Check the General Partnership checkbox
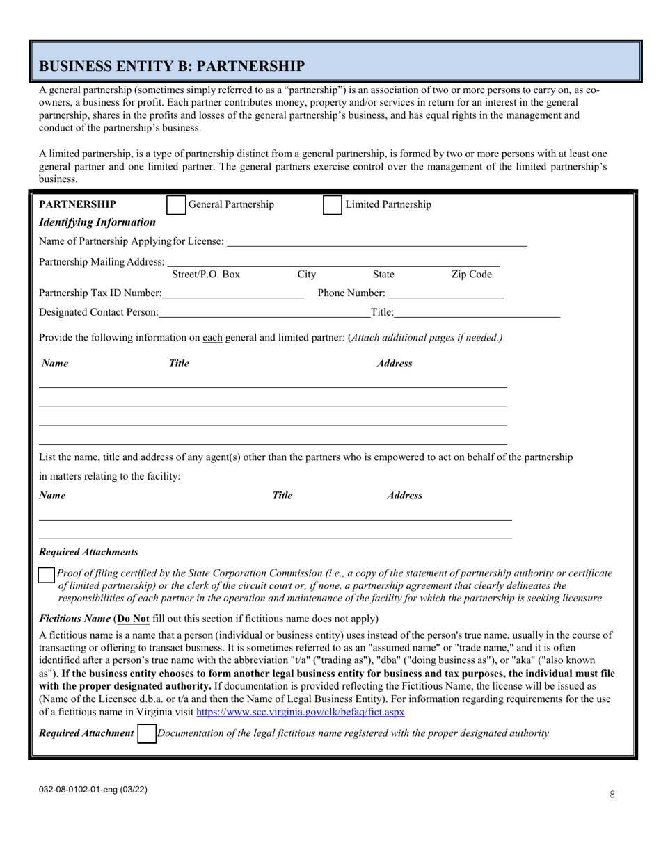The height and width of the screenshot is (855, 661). [x=176, y=205]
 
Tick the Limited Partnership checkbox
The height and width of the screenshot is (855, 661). [x=332, y=205]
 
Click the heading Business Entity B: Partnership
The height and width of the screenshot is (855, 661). [x=172, y=66]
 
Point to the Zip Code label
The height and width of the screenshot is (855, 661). [x=471, y=275]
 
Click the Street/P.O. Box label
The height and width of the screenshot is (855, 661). [x=205, y=275]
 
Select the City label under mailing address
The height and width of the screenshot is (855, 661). [x=306, y=275]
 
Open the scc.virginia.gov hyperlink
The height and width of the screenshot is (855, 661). [x=301, y=712]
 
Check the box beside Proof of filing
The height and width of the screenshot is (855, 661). [x=46, y=575]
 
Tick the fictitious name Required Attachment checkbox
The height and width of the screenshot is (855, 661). [x=147, y=734]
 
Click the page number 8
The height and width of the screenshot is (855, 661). [x=612, y=795]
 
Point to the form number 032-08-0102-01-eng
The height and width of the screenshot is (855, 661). [x=93, y=790]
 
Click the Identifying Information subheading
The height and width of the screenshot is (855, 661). [x=97, y=222]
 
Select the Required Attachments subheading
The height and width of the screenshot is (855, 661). [x=88, y=552]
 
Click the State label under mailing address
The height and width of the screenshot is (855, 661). [x=383, y=275]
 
